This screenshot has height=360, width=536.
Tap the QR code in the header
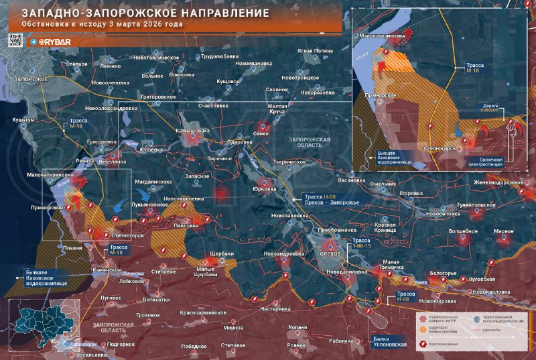(15, 40)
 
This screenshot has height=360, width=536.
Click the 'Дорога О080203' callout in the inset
(492, 109)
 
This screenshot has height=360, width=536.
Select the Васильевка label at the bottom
(88, 354)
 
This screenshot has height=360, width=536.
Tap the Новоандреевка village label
(285, 254)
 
